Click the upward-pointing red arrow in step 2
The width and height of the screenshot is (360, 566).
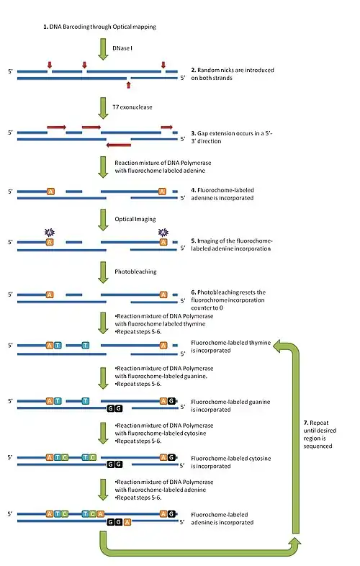[128, 84]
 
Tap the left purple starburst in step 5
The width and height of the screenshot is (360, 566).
[50, 232]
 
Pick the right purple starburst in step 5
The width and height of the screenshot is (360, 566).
[163, 232]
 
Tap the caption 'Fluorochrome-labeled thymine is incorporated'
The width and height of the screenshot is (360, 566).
[229, 346]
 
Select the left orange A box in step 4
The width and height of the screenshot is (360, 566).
[50, 192]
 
